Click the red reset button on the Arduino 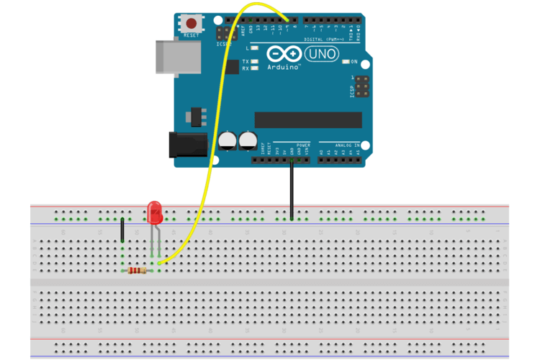(x=192, y=24)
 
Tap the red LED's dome (x=155, y=212)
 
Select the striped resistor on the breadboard (x=137, y=271)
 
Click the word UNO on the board (x=321, y=54)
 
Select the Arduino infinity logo (x=285, y=54)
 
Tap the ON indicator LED (x=346, y=62)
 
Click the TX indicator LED (x=255, y=62)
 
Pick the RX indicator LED (x=255, y=68)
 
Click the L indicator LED (x=255, y=47)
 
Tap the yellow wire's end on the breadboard (x=159, y=263)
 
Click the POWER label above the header (x=302, y=145)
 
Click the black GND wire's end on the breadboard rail (x=292, y=217)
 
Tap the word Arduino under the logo (x=284, y=66)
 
